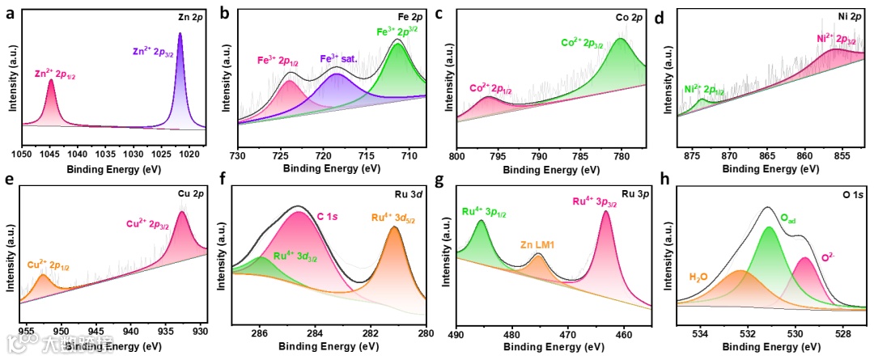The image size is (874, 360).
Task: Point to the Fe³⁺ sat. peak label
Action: click(340, 59)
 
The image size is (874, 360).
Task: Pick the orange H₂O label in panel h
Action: click(700, 277)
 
